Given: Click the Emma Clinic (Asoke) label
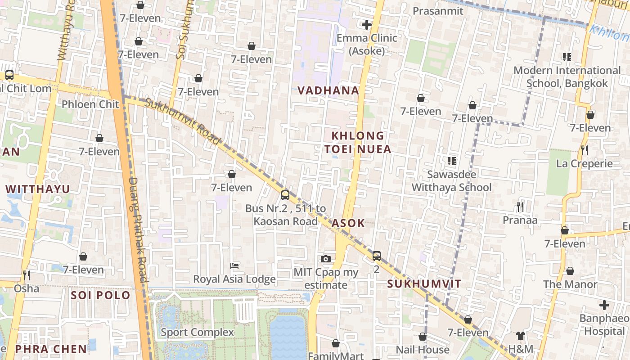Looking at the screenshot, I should click(367, 44).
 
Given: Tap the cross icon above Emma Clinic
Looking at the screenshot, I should click(367, 24).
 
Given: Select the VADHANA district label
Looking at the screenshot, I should click(328, 90).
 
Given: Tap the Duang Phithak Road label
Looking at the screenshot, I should click(138, 229).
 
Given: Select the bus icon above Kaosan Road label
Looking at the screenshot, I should click(285, 195).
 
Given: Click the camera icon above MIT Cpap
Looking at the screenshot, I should click(326, 259).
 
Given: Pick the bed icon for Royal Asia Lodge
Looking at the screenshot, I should click(234, 266).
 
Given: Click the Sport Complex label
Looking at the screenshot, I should click(198, 333).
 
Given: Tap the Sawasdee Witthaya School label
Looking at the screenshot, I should click(451, 180).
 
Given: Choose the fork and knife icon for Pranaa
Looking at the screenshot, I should click(520, 207).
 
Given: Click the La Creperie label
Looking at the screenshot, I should click(585, 163).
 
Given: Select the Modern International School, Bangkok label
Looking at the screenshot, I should click(567, 76).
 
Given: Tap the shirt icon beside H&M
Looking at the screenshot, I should click(521, 336).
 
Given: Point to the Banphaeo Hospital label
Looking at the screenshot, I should click(604, 324).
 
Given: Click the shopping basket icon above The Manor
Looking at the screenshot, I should click(570, 271).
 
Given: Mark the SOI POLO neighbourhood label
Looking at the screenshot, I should click(101, 296).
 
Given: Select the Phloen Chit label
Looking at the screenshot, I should click(90, 104).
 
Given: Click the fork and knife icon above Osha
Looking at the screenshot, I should click(27, 274).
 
